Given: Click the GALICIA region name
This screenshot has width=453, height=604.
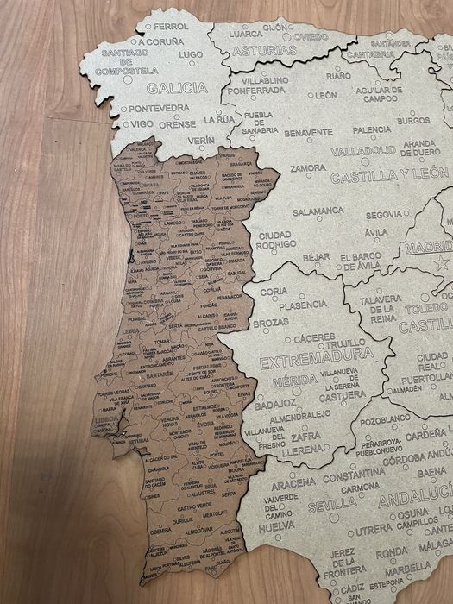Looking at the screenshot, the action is pos(177,87).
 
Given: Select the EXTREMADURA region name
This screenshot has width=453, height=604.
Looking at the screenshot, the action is pos(317,354).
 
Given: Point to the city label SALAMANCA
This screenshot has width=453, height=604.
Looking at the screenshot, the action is pos(318,211).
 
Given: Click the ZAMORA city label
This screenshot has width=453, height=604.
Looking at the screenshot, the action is pos(308,168).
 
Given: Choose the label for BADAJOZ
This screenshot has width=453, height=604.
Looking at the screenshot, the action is pos(275,403).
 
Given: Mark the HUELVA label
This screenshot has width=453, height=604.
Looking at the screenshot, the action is pos(276,525).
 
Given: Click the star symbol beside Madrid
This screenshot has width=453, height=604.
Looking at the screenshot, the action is pos(443,263).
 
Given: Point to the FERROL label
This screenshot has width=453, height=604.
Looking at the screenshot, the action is pos(170,27).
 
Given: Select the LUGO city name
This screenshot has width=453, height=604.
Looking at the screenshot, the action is pos(190,54).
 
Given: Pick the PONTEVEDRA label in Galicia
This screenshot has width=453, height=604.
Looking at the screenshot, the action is pos(160,108).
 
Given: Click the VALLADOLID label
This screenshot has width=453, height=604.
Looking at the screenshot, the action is pos(362,150).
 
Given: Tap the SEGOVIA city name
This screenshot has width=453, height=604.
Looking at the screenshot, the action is pos(383,215).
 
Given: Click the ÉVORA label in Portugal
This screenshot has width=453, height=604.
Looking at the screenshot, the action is pos(204,425).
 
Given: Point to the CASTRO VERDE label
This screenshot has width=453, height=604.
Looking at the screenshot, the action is pos(194,505).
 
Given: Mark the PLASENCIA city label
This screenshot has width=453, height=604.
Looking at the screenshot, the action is pos(302,305).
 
